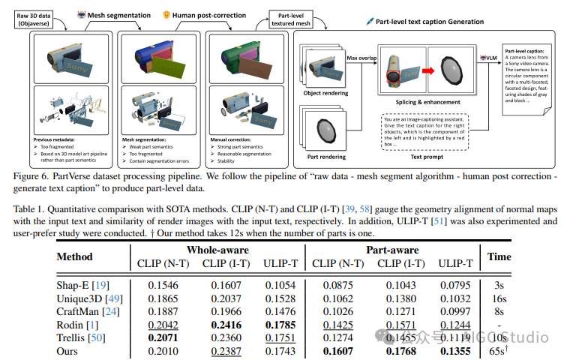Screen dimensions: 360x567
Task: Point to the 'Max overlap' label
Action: click(360, 58)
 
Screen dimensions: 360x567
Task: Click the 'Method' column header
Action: click(75, 256)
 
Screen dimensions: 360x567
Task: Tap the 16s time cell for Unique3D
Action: click(500, 298)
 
